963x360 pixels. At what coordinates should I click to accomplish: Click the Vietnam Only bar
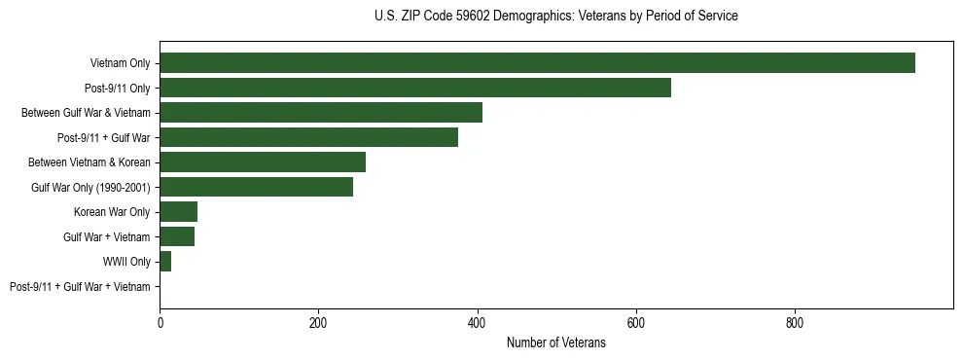(x=537, y=63)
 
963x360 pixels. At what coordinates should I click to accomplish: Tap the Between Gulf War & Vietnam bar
(x=321, y=113)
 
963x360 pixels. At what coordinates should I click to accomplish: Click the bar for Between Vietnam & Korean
(x=263, y=162)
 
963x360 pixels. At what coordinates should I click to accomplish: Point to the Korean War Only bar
(x=179, y=212)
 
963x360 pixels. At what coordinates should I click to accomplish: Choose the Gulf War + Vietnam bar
(x=177, y=236)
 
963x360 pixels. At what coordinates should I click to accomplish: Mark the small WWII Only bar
(x=165, y=262)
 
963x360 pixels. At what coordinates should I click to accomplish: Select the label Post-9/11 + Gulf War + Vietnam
(x=80, y=286)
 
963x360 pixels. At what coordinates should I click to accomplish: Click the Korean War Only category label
(x=112, y=212)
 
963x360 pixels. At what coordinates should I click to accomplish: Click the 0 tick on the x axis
(x=160, y=323)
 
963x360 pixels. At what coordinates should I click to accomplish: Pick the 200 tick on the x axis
(x=318, y=323)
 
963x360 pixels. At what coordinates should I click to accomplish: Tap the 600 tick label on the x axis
(x=636, y=323)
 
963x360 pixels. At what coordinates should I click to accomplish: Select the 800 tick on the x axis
(x=795, y=323)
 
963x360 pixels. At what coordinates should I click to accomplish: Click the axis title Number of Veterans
(x=555, y=342)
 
